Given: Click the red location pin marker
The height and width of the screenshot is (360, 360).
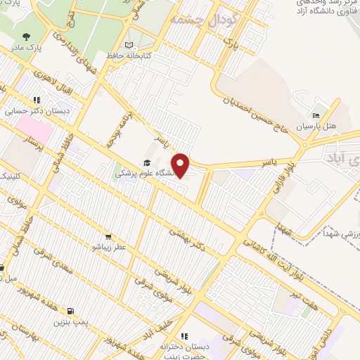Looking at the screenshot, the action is [181, 165].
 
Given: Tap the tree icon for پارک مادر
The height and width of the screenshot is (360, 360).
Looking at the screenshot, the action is [26, 37].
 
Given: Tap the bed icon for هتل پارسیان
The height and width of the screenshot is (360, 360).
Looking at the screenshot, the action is [315, 115].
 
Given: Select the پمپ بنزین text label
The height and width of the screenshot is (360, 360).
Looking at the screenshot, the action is [70, 322].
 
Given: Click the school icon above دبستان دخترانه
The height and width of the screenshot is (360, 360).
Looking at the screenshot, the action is [185, 336].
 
